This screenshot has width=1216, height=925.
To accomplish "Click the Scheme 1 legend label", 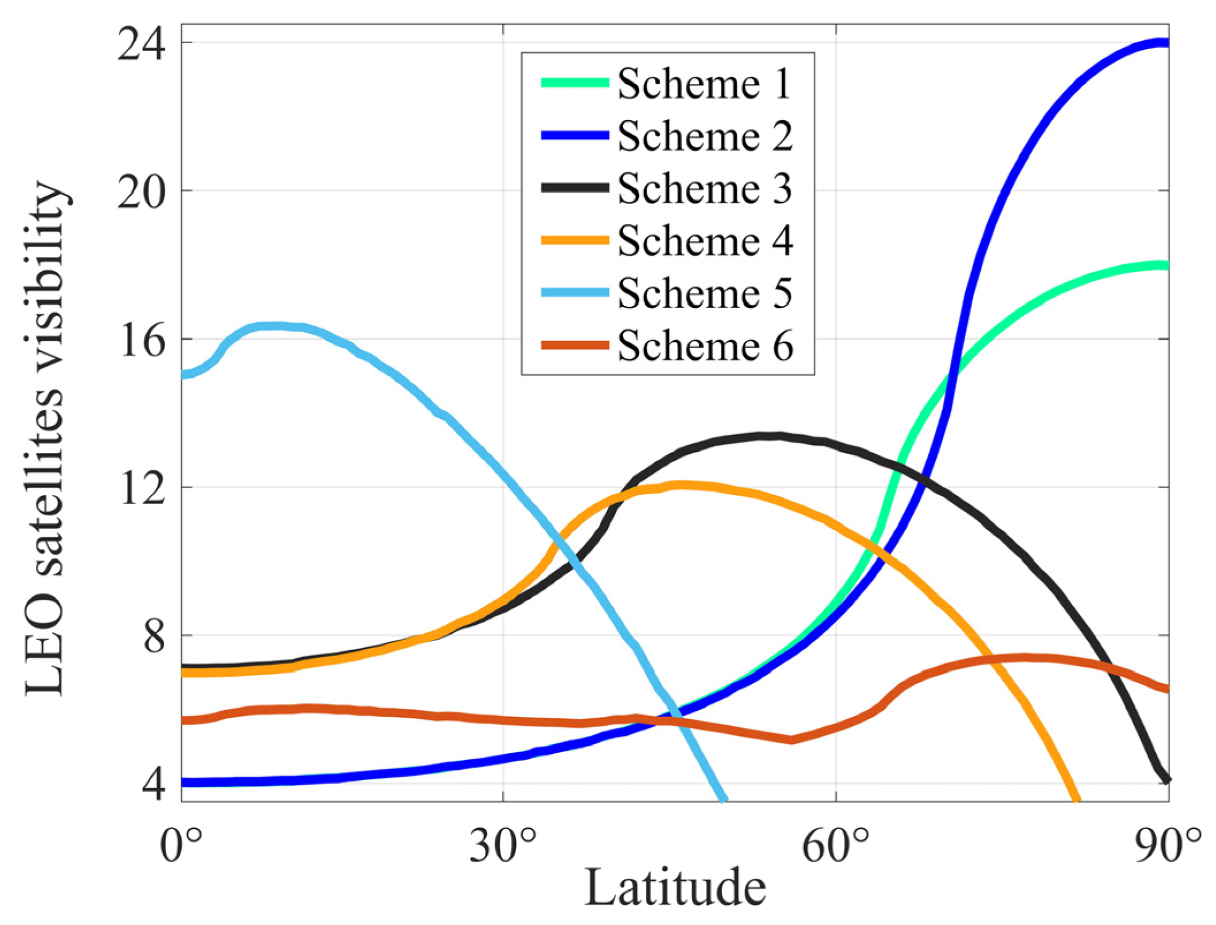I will pyautogui.click(x=705, y=84).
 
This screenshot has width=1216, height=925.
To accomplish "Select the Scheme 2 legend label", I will pyautogui.click(x=705, y=136).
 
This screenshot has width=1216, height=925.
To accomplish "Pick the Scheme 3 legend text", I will pyautogui.click(x=705, y=189).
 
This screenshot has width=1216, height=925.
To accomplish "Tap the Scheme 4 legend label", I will pyautogui.click(x=705, y=241).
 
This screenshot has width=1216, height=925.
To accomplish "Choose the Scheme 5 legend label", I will pyautogui.click(x=705, y=293).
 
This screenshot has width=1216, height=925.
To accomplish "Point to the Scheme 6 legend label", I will pyautogui.click(x=705, y=346).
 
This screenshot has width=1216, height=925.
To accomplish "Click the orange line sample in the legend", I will pyautogui.click(x=575, y=241).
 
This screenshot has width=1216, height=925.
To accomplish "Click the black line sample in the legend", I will pyautogui.click(x=575, y=188).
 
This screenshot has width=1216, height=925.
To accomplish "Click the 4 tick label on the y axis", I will pyautogui.click(x=154, y=785).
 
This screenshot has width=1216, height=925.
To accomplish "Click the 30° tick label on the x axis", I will pyautogui.click(x=503, y=845).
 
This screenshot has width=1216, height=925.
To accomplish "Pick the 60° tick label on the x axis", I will pyautogui.click(x=835, y=845).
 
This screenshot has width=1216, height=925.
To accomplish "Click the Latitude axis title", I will pyautogui.click(x=675, y=888).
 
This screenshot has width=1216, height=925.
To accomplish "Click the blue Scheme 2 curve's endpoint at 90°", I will pyautogui.click(x=1165, y=43).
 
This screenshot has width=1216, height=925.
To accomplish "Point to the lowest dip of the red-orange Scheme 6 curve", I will pyautogui.click(x=791, y=740).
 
